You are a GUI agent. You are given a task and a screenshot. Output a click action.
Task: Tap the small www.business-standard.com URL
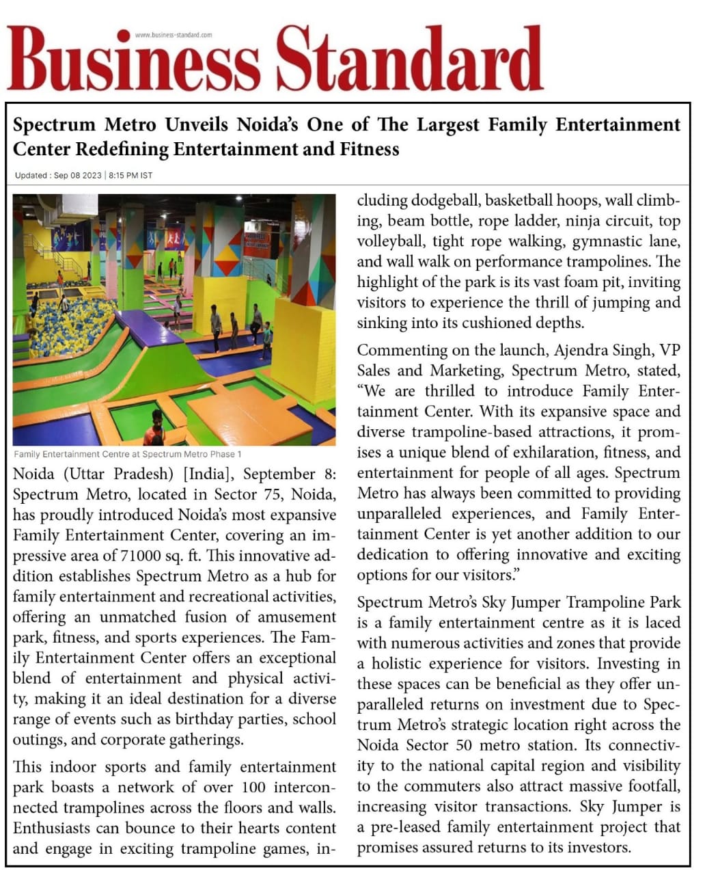pos(174,35)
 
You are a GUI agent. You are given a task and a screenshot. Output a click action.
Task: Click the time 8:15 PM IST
pos(130,176)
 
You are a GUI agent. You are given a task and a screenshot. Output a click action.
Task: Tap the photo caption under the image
pos(127,454)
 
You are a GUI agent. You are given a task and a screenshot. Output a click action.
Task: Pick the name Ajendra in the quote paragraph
pos(581,350)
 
